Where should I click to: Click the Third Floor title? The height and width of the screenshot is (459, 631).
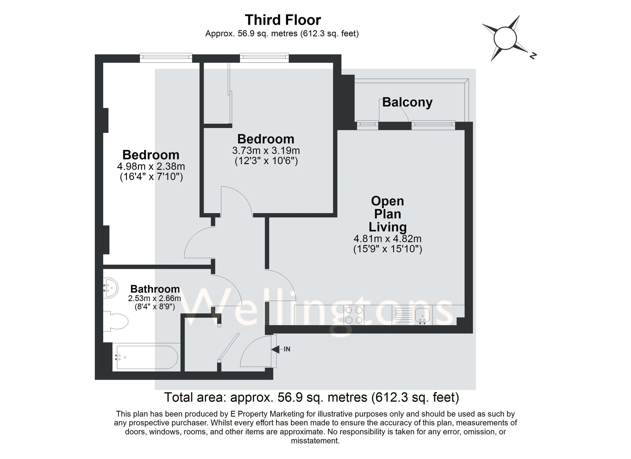tap(283, 20)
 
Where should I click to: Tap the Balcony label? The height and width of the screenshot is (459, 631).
tap(407, 102)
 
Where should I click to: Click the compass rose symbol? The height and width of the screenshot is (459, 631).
tap(505, 38)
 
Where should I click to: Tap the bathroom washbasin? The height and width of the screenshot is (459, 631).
tap(111, 288)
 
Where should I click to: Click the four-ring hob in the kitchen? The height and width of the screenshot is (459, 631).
tap(354, 315)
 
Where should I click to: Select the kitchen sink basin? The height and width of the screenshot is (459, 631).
tap(422, 315)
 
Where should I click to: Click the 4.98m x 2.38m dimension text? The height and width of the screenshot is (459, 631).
tap(151, 166)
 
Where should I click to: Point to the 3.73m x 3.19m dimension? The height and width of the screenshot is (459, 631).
tap(266, 150)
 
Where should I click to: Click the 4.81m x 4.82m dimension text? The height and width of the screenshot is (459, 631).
tap(387, 239)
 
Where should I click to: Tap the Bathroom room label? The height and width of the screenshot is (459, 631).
tap(155, 289)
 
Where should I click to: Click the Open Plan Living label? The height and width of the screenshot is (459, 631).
tap(387, 214)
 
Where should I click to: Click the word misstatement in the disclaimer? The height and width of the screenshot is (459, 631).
tap(315, 441)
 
